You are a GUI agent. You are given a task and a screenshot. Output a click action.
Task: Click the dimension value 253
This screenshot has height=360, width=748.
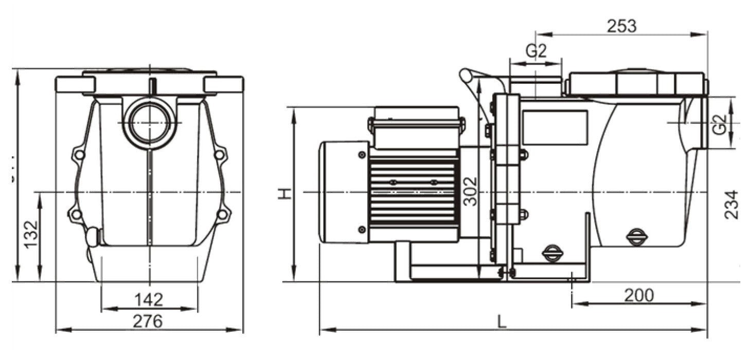[x=621, y=26]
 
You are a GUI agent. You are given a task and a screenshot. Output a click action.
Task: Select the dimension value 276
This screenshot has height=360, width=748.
[x=148, y=321]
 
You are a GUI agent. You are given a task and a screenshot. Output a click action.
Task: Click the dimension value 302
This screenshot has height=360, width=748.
[x=469, y=191]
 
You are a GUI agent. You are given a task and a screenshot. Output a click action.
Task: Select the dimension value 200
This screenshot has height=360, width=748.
[x=639, y=295]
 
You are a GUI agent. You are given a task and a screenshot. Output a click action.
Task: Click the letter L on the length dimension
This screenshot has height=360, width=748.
[x=502, y=322]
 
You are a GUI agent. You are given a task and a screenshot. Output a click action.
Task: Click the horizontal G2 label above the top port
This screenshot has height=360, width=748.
[x=535, y=51]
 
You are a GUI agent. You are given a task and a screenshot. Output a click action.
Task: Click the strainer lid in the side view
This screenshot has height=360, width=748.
[x=636, y=83]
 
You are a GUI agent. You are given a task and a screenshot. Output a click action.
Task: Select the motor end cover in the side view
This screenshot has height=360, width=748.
[x=344, y=192]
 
